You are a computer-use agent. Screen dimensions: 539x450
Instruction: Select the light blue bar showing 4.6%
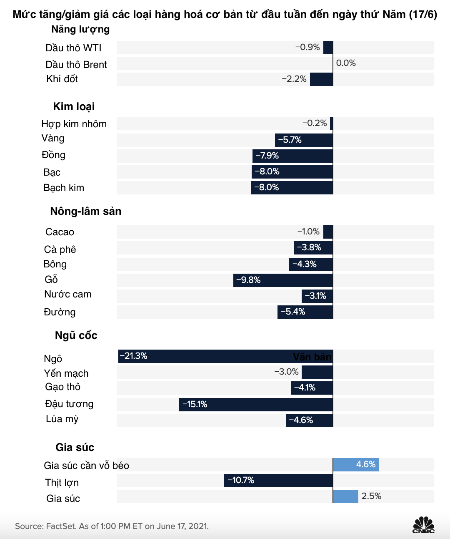[356, 465]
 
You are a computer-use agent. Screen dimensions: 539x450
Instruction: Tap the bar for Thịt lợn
[278, 481]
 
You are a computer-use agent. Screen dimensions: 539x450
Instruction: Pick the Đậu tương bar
[256, 405]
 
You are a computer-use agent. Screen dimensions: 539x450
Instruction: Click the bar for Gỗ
[283, 280]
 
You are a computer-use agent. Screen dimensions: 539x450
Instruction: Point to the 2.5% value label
[371, 496]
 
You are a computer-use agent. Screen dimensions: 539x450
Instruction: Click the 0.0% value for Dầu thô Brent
[346, 63]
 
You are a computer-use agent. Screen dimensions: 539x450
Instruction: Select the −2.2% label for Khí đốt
[294, 79]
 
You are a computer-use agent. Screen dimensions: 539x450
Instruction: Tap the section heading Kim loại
[74, 106]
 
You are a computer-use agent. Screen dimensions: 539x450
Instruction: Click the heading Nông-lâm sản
[85, 211]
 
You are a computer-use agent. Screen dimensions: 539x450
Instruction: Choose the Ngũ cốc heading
[76, 335]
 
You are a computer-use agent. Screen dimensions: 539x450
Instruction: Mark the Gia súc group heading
[75, 447]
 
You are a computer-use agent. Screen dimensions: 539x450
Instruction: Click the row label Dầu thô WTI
[73, 48]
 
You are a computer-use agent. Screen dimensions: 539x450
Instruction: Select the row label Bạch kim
[64, 188]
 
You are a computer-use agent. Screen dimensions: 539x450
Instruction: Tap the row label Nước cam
[67, 294]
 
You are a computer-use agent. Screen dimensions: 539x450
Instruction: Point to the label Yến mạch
[66, 373]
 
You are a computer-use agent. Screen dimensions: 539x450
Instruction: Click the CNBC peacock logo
[423, 524]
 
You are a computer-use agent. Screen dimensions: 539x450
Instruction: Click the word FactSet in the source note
[61, 526]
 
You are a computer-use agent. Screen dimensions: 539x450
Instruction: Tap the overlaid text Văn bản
[312, 357]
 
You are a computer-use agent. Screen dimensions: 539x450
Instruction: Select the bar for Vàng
[304, 140]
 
